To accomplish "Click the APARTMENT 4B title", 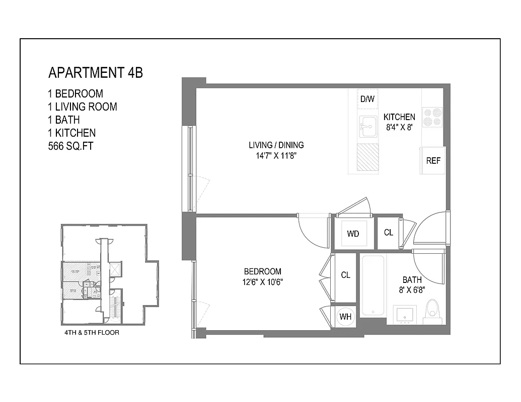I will (95, 73).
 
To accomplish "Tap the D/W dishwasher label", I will (367, 99).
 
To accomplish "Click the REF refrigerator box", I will (433, 161).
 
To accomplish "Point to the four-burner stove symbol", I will (432, 117).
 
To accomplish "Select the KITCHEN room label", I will (399, 117).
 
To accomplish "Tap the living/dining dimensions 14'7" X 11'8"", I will (276, 156).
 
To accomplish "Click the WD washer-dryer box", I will (353, 234).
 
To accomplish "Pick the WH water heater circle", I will (345, 316).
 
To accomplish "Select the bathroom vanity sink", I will (404, 315).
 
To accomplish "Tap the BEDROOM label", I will (262, 271).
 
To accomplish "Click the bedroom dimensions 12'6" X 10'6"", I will (262, 282).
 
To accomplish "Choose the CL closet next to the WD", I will (388, 233).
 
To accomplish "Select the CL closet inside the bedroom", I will (345, 275).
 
